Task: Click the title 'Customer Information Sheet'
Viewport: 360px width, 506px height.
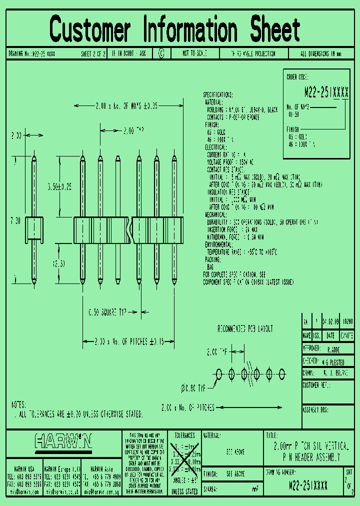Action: tap(175, 28)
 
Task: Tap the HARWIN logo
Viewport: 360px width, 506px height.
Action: tap(63, 441)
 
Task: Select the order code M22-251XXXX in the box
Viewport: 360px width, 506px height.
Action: tap(326, 92)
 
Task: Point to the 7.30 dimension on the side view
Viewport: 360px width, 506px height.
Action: tap(15, 220)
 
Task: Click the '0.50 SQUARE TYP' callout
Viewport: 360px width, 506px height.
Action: tap(107, 312)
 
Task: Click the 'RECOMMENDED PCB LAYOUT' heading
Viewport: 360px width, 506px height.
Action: tap(245, 329)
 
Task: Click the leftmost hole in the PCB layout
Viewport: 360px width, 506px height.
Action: tap(218, 373)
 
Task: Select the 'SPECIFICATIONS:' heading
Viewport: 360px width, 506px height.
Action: tap(217, 94)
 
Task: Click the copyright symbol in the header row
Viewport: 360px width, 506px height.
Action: tap(161, 53)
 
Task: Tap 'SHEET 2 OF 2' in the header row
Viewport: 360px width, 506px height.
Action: tap(93, 53)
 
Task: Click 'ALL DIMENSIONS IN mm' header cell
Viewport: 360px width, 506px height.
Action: tap(320, 53)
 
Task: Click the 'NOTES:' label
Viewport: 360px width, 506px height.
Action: tap(18, 405)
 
